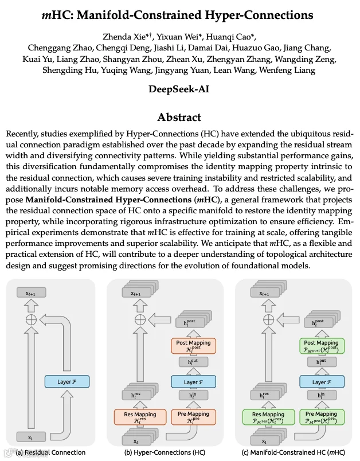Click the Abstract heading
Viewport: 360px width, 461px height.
click(x=179, y=118)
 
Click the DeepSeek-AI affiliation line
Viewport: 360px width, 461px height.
click(x=179, y=89)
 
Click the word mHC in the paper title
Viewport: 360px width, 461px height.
click(x=55, y=14)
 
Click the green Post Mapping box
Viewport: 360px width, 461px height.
click(x=321, y=346)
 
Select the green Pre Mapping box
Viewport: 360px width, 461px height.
click(x=321, y=417)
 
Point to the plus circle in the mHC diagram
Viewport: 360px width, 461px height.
click(x=268, y=319)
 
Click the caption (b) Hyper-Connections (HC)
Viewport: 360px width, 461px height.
click(x=165, y=452)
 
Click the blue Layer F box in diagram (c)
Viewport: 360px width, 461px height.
click(x=321, y=381)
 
